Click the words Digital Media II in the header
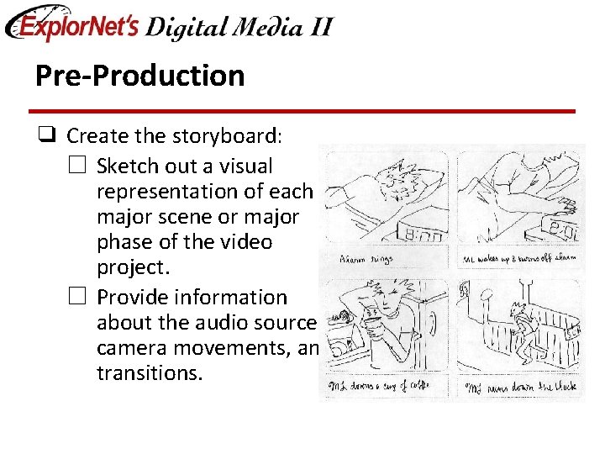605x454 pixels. click(239, 27)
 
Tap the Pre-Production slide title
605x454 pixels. click(139, 76)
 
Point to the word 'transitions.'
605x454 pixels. click(150, 373)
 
